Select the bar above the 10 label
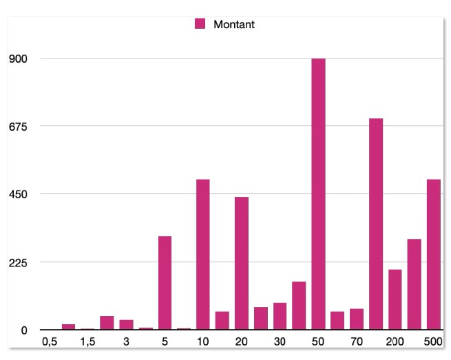pyautogui.click(x=202, y=255)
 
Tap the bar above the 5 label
pyautogui.click(x=165, y=283)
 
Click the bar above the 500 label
pyautogui.click(x=433, y=255)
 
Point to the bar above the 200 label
pyautogui.click(x=395, y=299)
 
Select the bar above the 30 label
pyautogui.click(x=280, y=316)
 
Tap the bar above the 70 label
pyautogui.click(x=356, y=319)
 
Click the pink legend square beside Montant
pyautogui.click(x=200, y=25)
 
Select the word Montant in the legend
pyautogui.click(x=234, y=25)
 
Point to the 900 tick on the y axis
pyautogui.click(x=17, y=59)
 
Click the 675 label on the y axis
pyautogui.click(x=17, y=126)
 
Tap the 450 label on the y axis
pyautogui.click(x=17, y=194)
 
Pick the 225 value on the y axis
pyautogui.click(x=17, y=262)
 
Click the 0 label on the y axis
pyautogui.click(x=23, y=330)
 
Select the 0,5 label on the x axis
pyautogui.click(x=49, y=341)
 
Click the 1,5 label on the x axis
pyautogui.click(x=87, y=341)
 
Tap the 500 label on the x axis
pyautogui.click(x=433, y=341)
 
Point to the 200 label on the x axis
pyautogui.click(x=395, y=341)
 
